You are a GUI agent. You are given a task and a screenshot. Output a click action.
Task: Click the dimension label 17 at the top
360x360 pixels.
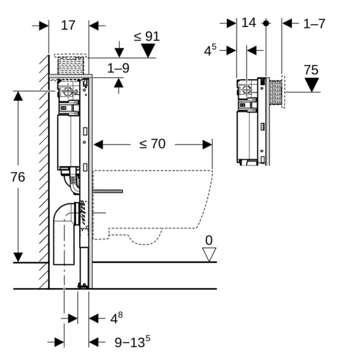click(68, 25)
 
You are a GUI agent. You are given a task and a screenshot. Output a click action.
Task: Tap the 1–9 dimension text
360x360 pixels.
click(118, 68)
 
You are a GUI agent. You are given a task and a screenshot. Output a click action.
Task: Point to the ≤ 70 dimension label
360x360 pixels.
click(152, 144)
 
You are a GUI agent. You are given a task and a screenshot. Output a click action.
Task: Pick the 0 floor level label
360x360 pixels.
click(209, 241)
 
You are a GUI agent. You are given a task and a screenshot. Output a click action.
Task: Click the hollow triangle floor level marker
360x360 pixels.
click(209, 254)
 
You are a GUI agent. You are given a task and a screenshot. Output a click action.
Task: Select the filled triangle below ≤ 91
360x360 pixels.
click(148, 52)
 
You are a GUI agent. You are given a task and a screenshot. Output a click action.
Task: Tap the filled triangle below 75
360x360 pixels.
click(311, 85)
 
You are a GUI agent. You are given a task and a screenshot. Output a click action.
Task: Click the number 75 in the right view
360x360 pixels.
click(311, 70)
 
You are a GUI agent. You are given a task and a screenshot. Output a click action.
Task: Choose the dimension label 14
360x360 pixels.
click(248, 23)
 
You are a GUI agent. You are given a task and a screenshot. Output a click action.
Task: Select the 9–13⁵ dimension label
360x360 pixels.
click(132, 342)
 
